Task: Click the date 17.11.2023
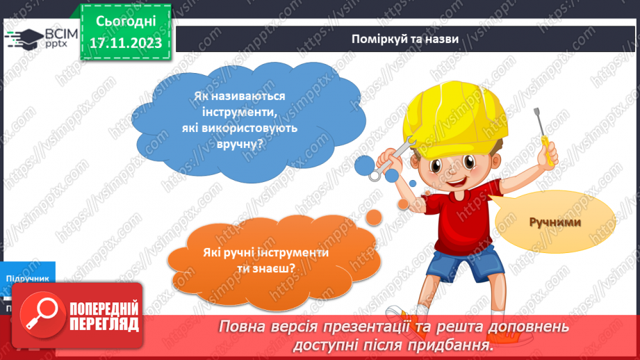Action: click(x=125, y=43)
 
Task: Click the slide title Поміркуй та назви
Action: click(x=404, y=39)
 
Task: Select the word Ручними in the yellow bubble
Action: click(x=554, y=222)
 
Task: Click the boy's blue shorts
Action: click(x=465, y=263)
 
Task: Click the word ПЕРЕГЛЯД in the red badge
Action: click(x=104, y=324)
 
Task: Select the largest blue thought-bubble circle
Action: click(x=365, y=165)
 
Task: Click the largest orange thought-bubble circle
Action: click(x=373, y=218)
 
